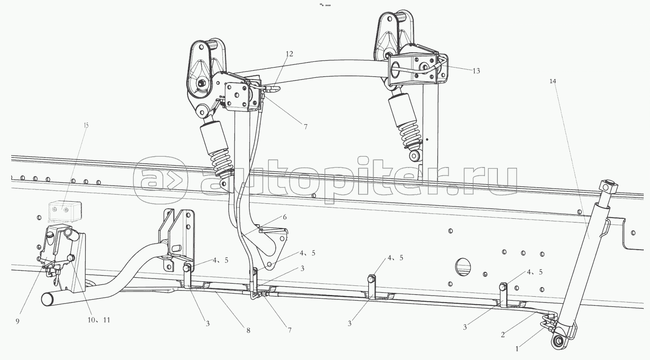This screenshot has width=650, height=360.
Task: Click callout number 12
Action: pyautogui.click(x=289, y=54)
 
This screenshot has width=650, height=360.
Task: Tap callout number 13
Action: pyautogui.click(x=476, y=71)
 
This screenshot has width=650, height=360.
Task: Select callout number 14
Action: pyautogui.click(x=552, y=81)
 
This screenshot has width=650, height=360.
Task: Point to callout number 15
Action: pyautogui.click(x=86, y=125)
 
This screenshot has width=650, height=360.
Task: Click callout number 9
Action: pyautogui.click(x=18, y=321)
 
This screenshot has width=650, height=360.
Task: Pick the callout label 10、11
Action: pyautogui.click(x=99, y=320)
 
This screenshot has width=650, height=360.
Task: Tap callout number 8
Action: pyautogui.click(x=248, y=330)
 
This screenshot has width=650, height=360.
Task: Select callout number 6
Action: pyautogui.click(x=285, y=217)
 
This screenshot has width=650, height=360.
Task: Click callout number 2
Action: pyautogui.click(x=503, y=334)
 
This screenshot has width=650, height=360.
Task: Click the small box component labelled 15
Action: pyautogui.click(x=65, y=210)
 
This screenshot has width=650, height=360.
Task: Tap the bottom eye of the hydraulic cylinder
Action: pyautogui.click(x=557, y=342)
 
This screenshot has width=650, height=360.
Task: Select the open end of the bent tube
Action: pyautogui.click(x=47, y=299)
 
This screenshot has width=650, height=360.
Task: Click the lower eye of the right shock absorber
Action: pyautogui.click(x=415, y=156)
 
